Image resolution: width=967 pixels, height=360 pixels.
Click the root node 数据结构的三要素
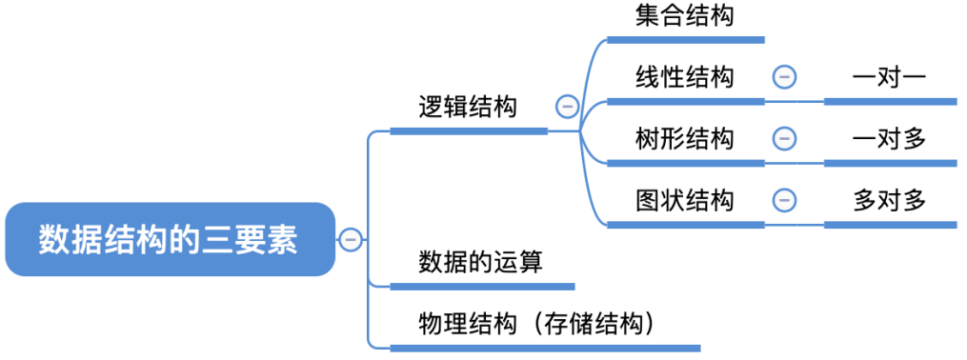click(170, 240)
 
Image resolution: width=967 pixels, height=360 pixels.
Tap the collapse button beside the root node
click(351, 240)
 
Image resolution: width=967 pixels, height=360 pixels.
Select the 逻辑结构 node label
click(468, 107)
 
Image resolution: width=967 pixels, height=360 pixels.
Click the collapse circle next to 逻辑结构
click(568, 107)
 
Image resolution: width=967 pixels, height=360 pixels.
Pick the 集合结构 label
click(685, 16)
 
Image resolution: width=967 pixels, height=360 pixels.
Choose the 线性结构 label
click(685, 77)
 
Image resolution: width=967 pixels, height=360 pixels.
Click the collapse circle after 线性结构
click(783, 77)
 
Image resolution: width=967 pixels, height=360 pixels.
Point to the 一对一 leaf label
click(889, 77)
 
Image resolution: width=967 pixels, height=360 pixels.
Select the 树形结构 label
click(685, 139)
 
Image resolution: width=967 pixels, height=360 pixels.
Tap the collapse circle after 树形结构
click(783, 139)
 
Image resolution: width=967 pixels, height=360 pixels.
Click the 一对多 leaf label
click(889, 139)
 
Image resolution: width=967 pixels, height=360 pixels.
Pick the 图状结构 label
click(685, 200)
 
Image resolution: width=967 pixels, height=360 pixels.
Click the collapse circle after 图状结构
click(783, 200)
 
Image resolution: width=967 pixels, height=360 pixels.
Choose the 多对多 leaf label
click(889, 200)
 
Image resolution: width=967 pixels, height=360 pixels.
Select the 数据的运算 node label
click(480, 262)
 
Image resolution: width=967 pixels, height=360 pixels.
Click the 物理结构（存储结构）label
click(542, 324)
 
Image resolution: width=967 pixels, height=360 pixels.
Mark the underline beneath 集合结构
click(685, 40)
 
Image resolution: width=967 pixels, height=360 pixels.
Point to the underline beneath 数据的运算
click(482, 286)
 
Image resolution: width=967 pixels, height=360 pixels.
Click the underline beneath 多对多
click(889, 225)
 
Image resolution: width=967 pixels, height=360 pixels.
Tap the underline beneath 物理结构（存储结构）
click(544, 348)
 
